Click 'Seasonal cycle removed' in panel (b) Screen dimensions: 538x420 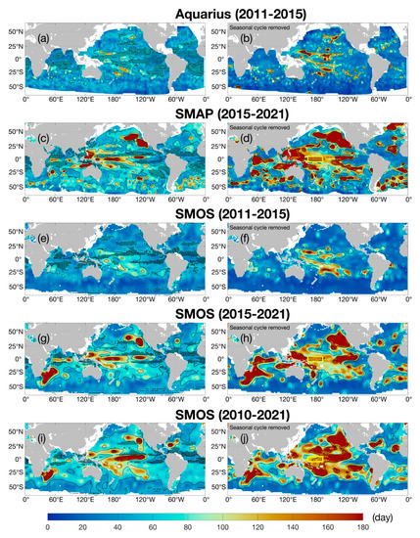coord(256,28)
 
